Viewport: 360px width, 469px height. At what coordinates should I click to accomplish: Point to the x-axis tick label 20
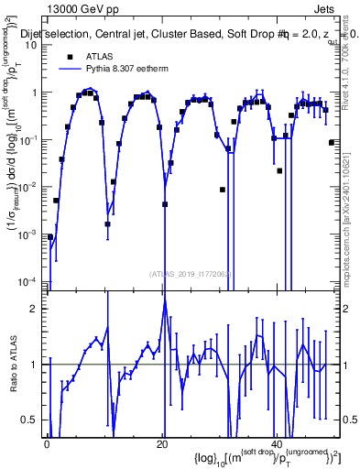click(162, 442)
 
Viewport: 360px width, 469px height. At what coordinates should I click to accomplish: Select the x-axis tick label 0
click(48, 442)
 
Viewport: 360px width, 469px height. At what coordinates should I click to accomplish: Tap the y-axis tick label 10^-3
click(30, 234)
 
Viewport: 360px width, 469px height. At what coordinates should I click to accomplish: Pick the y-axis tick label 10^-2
click(30, 186)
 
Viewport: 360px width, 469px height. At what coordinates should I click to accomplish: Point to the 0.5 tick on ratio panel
click(33, 420)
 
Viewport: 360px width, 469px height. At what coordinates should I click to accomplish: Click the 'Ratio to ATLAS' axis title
click(13, 366)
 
